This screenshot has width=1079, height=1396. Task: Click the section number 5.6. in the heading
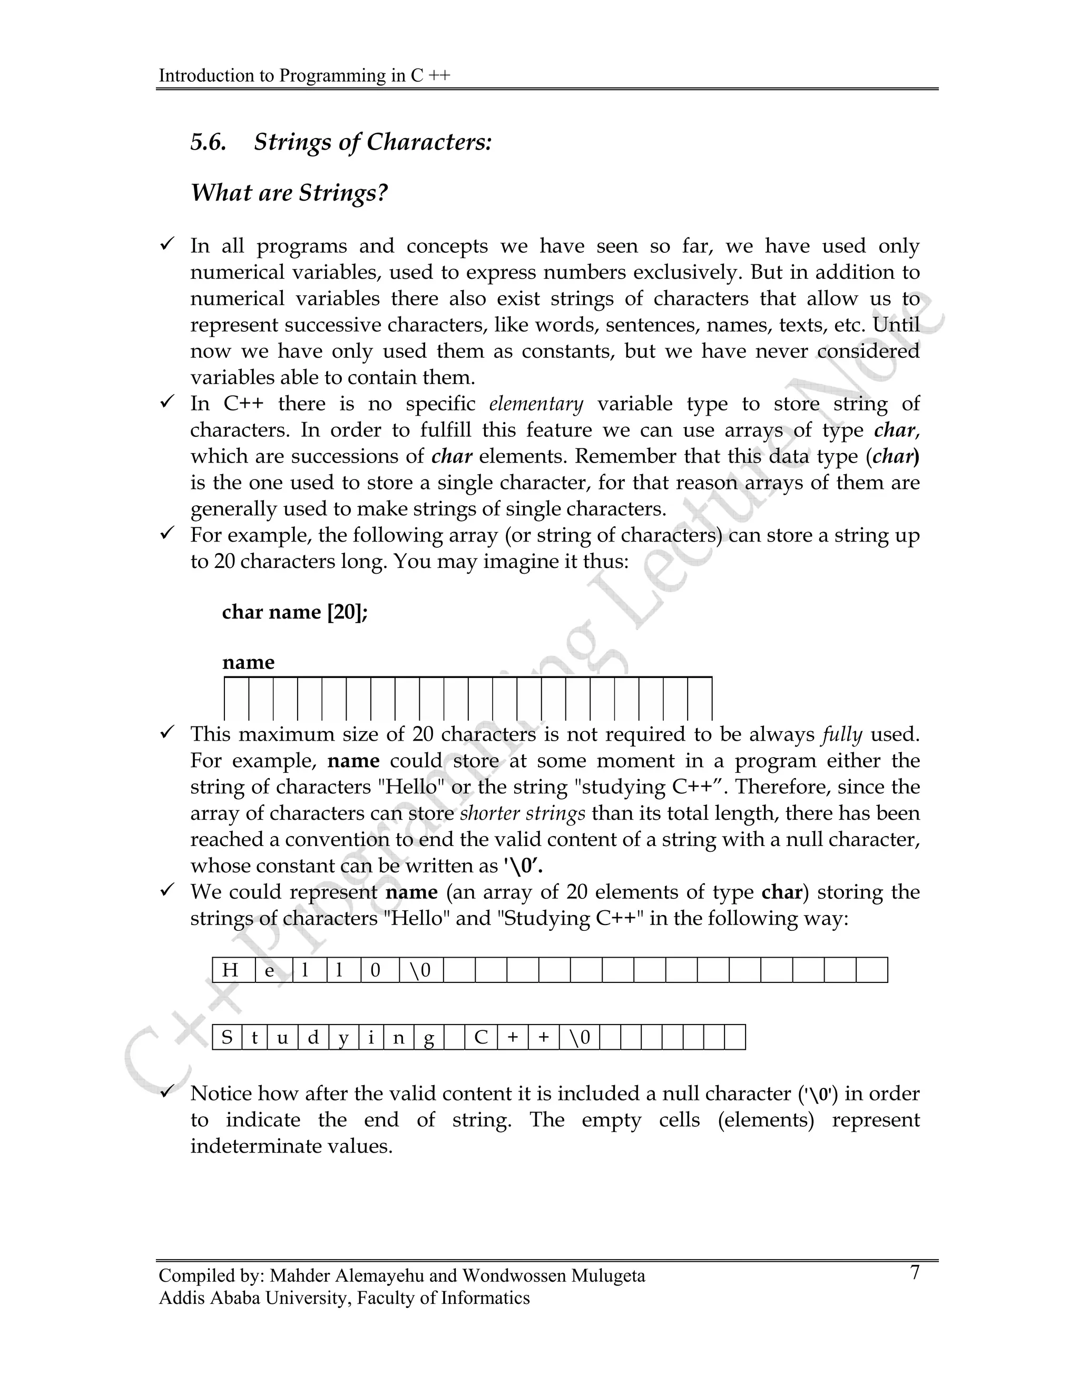209,142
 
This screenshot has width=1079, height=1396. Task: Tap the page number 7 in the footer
915,1273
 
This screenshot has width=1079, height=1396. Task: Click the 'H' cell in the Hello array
231,970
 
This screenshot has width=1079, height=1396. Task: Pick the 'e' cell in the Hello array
270,970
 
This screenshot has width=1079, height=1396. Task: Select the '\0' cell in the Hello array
420,970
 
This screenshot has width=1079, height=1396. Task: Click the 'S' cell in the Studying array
227,1037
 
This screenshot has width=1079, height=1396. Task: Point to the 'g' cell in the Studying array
429,1037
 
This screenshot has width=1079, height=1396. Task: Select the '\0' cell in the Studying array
580,1037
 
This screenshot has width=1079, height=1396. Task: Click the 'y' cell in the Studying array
344,1037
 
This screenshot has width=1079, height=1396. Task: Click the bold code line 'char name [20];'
295,612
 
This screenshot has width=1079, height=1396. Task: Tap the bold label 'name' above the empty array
248,662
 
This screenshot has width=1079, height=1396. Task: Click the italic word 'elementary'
536,404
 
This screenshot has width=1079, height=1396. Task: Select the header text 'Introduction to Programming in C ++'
305,75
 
